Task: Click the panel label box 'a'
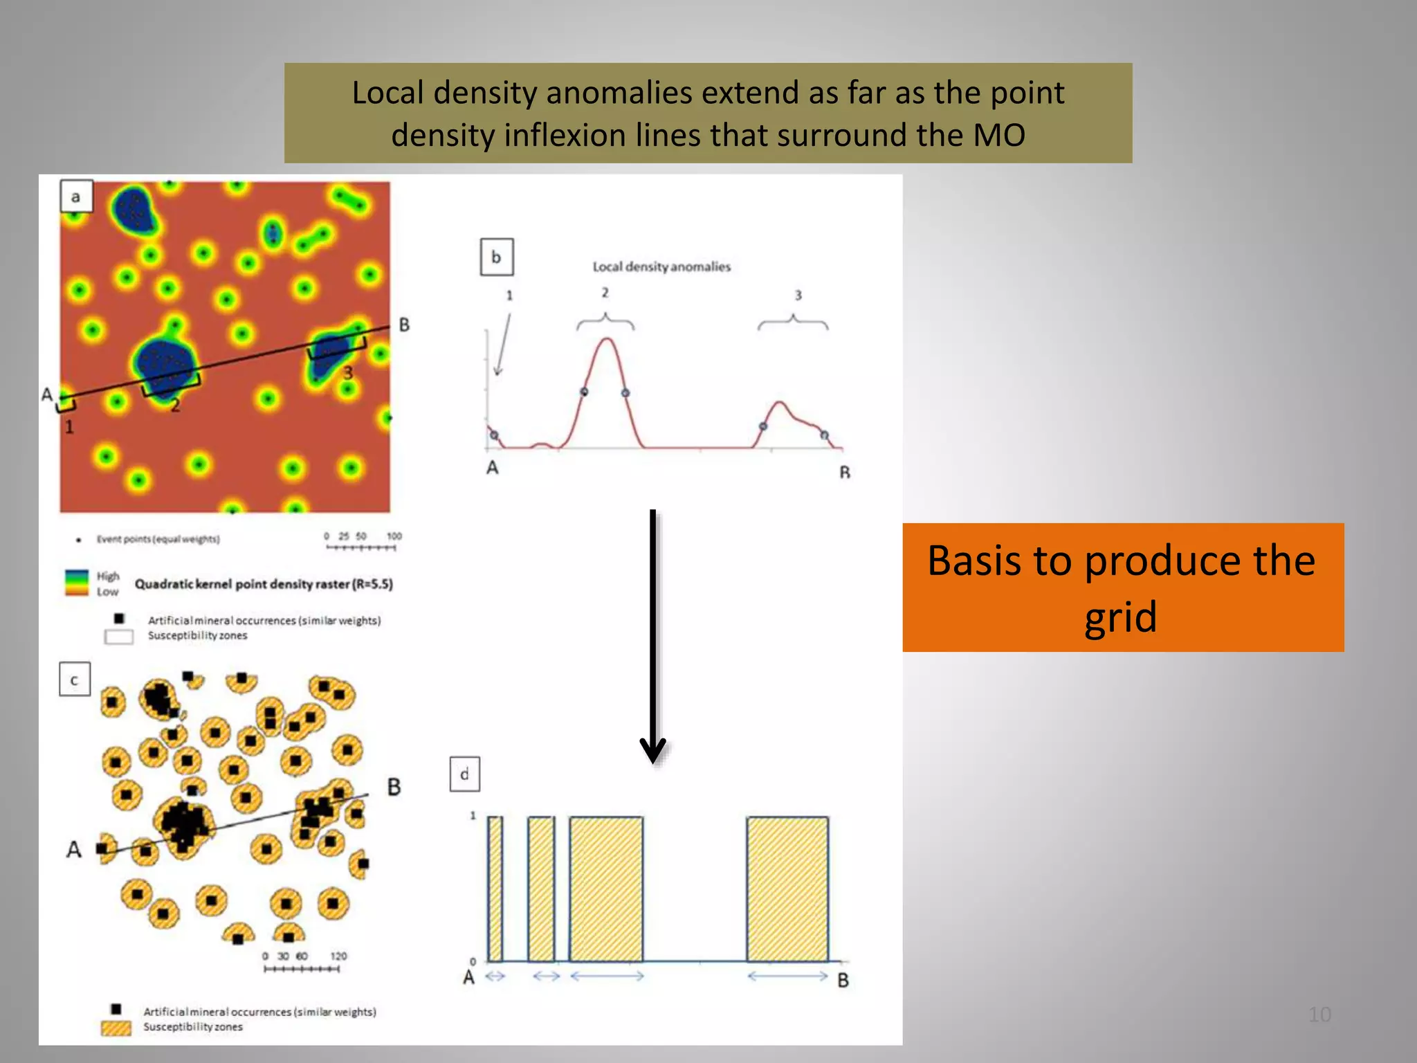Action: pyautogui.click(x=75, y=197)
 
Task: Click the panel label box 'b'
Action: pyautogui.click(x=496, y=257)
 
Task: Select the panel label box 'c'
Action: pyautogui.click(x=74, y=679)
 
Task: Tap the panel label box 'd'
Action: pyautogui.click(x=464, y=774)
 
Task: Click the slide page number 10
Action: pyautogui.click(x=1319, y=1015)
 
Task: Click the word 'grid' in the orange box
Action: pyautogui.click(x=1120, y=617)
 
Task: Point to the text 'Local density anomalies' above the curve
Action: pyautogui.click(x=661, y=266)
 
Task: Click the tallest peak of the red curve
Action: pyautogui.click(x=607, y=339)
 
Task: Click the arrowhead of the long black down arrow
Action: pyautogui.click(x=652, y=752)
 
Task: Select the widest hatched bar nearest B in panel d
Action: pyautogui.click(x=787, y=889)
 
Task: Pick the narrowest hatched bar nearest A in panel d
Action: pyautogui.click(x=495, y=889)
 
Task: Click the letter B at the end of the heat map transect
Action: pyautogui.click(x=404, y=325)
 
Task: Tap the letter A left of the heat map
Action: pyautogui.click(x=46, y=394)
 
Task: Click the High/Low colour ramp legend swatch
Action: pyautogui.click(x=76, y=582)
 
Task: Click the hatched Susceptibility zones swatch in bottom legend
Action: pyautogui.click(x=116, y=1028)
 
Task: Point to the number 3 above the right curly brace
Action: pyautogui.click(x=798, y=296)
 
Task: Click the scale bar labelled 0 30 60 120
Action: pyautogui.click(x=302, y=968)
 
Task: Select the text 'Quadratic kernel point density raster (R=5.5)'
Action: pyautogui.click(x=264, y=584)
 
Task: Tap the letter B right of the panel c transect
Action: pyautogui.click(x=394, y=787)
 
